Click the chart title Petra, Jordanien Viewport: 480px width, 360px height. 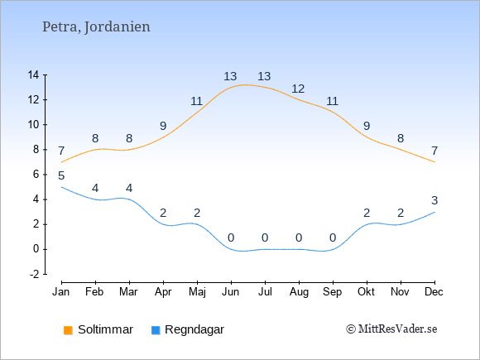[96, 27]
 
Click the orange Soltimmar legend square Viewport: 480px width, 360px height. [68, 330]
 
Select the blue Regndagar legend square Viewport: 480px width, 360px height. [156, 330]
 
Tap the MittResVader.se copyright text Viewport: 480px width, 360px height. [391, 329]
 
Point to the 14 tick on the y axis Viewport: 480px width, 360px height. [33, 74]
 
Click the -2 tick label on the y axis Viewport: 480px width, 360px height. [34, 274]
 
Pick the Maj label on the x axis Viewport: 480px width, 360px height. [197, 292]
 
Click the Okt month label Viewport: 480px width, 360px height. [366, 292]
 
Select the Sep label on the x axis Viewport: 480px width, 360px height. [333, 292]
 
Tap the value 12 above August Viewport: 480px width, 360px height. [298, 89]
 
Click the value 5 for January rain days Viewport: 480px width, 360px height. [61, 176]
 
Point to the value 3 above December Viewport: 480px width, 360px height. [434, 201]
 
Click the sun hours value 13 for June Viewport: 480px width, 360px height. [230, 76]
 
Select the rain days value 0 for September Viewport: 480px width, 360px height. [333, 238]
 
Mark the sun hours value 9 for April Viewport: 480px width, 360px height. [163, 126]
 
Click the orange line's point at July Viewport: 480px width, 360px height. [265, 87]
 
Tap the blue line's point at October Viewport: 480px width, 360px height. [367, 224]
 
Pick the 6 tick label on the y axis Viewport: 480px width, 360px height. [36, 175]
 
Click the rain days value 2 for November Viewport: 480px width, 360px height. [401, 213]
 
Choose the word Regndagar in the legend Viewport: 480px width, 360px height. [194, 329]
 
